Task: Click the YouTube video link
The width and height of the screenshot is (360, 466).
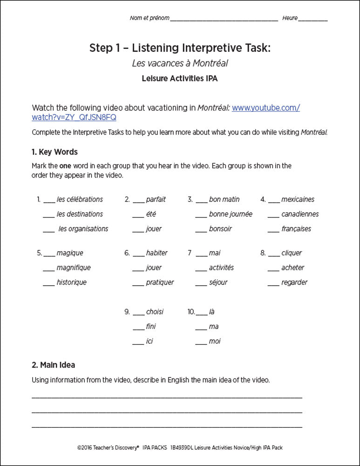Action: (x=265, y=108)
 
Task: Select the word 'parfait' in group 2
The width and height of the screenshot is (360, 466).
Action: (x=156, y=199)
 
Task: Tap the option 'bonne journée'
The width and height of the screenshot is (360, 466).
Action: (x=231, y=214)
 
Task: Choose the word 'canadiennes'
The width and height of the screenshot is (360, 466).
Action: (x=300, y=214)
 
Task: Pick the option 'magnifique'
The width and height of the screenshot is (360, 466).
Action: (x=74, y=267)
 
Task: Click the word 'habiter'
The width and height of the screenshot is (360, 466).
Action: (x=156, y=253)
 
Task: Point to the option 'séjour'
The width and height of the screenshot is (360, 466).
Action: (x=219, y=282)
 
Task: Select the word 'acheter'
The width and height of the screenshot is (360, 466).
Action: (x=292, y=267)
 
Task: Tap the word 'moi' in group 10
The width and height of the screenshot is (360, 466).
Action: (x=215, y=341)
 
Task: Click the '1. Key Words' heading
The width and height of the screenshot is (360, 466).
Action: (x=54, y=152)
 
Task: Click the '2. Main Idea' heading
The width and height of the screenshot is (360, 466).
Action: (x=53, y=365)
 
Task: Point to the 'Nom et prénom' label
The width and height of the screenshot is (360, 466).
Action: (x=149, y=18)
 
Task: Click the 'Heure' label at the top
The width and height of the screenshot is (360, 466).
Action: (x=290, y=18)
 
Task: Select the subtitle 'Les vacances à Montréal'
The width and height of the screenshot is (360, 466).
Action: (x=180, y=63)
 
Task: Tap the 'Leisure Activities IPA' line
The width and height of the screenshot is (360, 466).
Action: (x=180, y=78)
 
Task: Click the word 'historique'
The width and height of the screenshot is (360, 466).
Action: (x=71, y=282)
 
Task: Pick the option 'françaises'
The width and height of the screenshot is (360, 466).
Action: (x=296, y=229)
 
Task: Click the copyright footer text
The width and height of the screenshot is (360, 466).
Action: (x=180, y=447)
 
